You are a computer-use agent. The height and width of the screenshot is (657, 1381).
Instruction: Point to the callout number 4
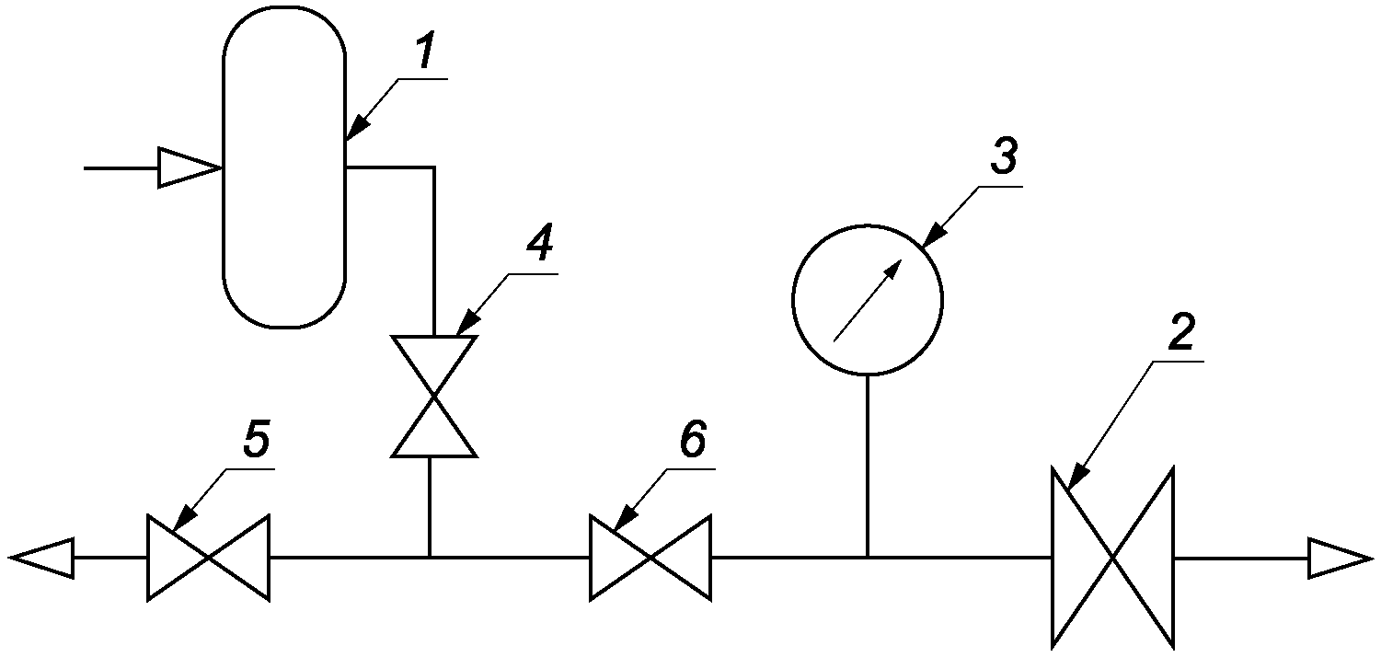coord(540,243)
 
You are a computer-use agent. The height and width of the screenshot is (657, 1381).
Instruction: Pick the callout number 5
coord(257,440)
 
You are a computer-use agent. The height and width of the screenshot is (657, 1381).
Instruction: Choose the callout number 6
coord(693,440)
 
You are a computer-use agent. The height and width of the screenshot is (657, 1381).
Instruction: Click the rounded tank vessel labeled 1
coord(284,167)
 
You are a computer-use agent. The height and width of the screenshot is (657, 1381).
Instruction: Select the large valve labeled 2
coord(1112,558)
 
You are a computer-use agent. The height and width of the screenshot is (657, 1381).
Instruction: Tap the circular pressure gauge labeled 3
coord(868,300)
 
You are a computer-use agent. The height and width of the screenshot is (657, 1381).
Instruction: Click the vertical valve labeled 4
coord(434,397)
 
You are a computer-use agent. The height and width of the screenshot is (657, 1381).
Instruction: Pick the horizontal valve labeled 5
coord(208,558)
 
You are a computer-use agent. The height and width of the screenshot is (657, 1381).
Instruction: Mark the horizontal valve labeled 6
coord(650,558)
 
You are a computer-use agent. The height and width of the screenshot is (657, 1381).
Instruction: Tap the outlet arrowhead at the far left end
coord(42,558)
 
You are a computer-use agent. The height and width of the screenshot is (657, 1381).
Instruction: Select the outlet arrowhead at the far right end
coord(1341,559)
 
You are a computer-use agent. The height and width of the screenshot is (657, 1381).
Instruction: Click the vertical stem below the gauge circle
coord(868,466)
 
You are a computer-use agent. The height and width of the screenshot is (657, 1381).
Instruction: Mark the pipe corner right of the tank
coord(434,167)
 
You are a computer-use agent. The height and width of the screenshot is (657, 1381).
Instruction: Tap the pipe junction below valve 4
coord(429,557)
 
